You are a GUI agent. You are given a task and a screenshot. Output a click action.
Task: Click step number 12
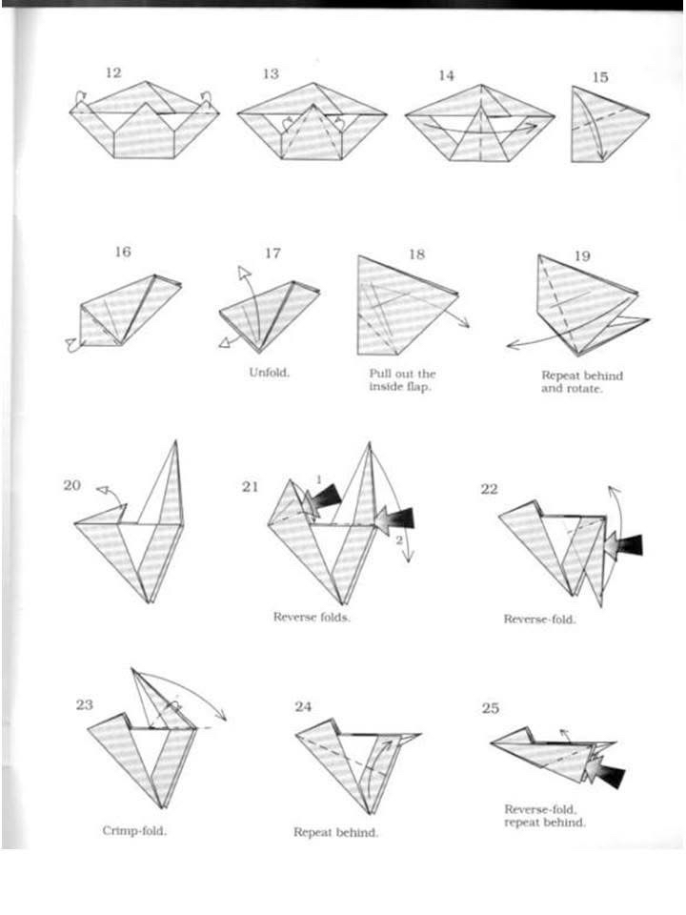[x=113, y=73]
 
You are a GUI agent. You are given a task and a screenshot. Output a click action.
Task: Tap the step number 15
[x=600, y=77]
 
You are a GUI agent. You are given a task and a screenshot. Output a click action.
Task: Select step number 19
[x=582, y=255]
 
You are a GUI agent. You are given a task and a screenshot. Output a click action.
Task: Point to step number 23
[x=84, y=704]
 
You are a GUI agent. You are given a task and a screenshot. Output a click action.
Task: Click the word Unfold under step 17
[x=269, y=373]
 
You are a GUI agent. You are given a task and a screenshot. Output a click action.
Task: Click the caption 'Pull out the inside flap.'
[x=402, y=380]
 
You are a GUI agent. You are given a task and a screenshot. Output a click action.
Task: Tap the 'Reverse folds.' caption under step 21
[x=313, y=617]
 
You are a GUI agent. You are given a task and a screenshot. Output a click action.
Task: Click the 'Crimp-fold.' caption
[x=134, y=830]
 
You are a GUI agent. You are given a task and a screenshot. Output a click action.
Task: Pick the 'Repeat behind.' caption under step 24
[x=335, y=832]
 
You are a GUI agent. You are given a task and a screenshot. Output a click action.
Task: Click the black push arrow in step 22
[x=623, y=545]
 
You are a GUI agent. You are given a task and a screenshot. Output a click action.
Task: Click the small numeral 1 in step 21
[x=319, y=479]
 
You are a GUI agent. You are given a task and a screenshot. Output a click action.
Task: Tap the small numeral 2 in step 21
[x=399, y=540]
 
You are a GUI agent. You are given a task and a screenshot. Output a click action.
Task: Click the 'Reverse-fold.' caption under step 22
[x=539, y=620]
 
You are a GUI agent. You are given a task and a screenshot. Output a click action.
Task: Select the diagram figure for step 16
[x=124, y=313]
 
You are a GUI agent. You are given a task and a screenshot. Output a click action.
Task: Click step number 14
[x=446, y=76]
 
